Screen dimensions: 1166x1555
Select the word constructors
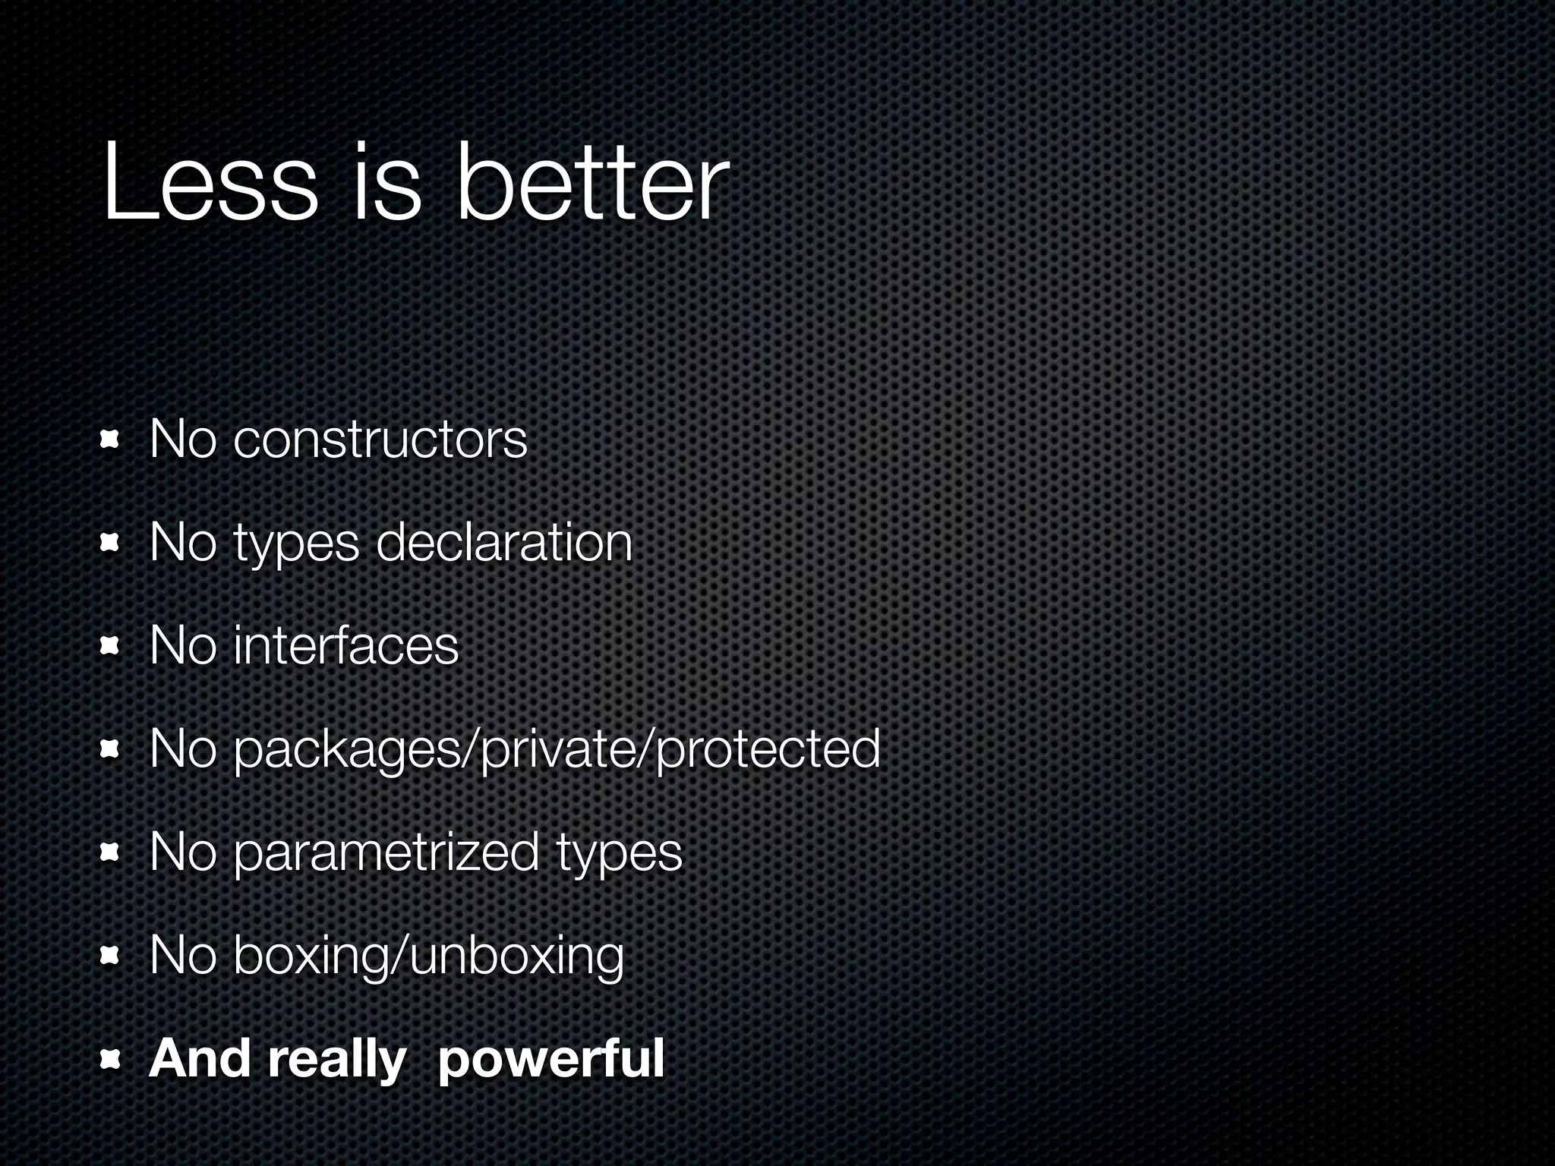[x=380, y=440]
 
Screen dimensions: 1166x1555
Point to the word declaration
[x=504, y=543]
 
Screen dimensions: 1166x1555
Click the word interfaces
[x=346, y=646]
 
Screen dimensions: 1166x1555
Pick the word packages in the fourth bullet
[x=353, y=749]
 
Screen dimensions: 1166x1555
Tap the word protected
[x=767, y=749]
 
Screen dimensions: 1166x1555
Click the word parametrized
[x=386, y=852]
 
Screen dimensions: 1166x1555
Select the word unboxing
[x=516, y=956]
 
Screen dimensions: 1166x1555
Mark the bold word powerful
[x=551, y=1059]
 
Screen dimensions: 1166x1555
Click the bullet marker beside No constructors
[x=110, y=440]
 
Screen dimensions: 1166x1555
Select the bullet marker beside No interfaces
[x=110, y=646]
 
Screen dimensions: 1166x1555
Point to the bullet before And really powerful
[x=110, y=1059]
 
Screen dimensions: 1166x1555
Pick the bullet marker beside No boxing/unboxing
[x=110, y=956]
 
